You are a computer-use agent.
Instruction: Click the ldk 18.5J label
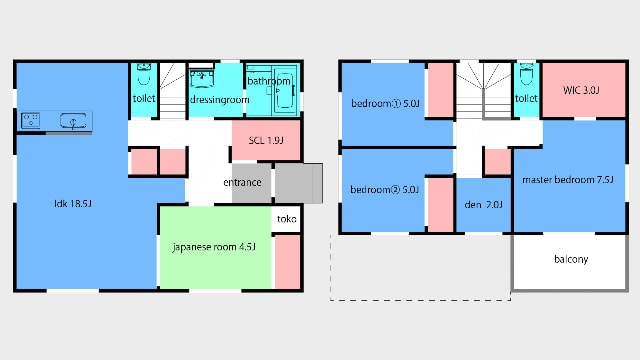pyautogui.click(x=73, y=203)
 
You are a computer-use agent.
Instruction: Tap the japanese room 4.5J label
pyautogui.click(x=214, y=247)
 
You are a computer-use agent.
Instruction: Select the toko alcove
pyautogui.click(x=287, y=219)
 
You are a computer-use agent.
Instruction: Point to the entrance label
pyautogui.click(x=242, y=182)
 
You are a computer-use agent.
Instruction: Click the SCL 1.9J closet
pyautogui.click(x=266, y=140)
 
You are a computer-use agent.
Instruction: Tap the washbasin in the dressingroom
pyautogui.click(x=201, y=79)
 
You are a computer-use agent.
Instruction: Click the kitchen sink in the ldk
pyautogui.click(x=73, y=121)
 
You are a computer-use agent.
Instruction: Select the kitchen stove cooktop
pyautogui.click(x=31, y=121)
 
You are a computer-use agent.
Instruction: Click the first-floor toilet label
pyautogui.click(x=144, y=98)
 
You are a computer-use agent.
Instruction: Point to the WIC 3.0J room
pyautogui.click(x=584, y=90)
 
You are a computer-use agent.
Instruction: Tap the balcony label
pyautogui.click(x=571, y=259)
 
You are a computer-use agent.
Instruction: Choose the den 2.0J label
pyautogui.click(x=483, y=204)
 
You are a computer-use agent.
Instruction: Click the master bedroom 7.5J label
pyautogui.click(x=568, y=180)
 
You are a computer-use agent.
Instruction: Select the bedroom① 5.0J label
pyautogui.click(x=385, y=103)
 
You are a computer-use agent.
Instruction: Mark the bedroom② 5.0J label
pyautogui.click(x=384, y=190)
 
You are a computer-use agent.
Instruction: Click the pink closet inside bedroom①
pyautogui.click(x=440, y=90)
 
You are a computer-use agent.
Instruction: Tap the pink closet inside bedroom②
pyautogui.click(x=440, y=204)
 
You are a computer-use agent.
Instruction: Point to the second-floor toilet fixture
pyautogui.click(x=527, y=75)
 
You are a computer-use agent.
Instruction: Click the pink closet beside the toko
pyautogui.click(x=288, y=262)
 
